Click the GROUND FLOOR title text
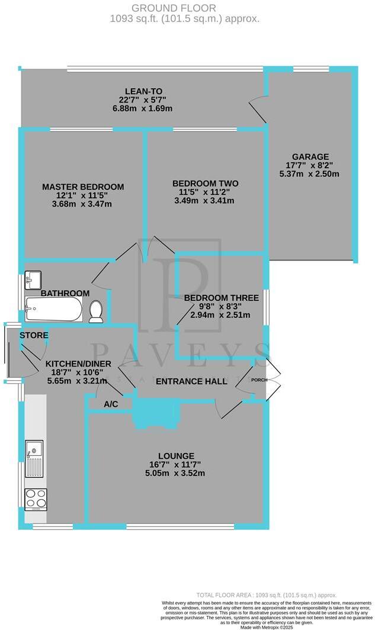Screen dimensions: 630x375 click(174, 8)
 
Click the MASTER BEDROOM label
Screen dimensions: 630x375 click(83, 187)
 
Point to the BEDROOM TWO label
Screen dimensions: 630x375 click(205, 183)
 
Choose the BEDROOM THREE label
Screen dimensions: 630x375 click(221, 298)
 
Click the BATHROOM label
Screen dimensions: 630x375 click(65, 293)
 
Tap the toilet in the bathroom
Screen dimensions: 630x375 click(96, 311)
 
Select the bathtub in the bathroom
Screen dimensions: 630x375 click(53, 309)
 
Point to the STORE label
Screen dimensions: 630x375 click(34, 336)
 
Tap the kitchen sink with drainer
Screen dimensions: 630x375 click(33, 459)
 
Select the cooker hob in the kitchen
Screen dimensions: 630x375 click(35, 499)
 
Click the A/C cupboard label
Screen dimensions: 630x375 click(110, 404)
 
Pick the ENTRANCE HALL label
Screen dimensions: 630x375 click(191, 382)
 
